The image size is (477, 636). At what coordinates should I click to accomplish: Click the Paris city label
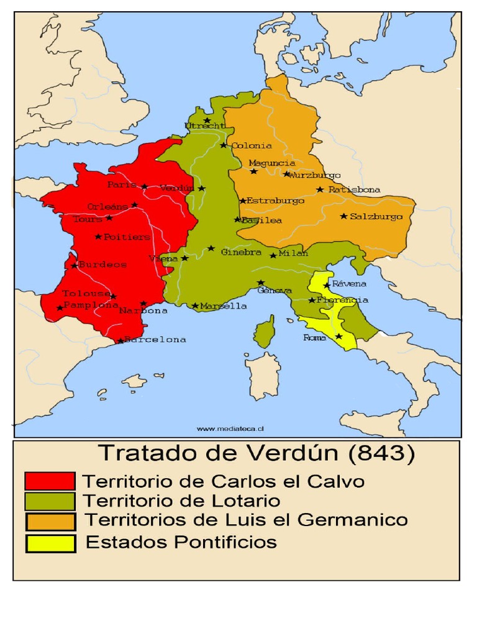[x=122, y=185]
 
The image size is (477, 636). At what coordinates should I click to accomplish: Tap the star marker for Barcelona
[x=120, y=340]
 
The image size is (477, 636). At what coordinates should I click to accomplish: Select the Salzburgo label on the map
[x=376, y=217]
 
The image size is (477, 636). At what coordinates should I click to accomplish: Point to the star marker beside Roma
[x=338, y=336]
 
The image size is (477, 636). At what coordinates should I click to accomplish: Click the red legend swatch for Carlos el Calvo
[x=50, y=481]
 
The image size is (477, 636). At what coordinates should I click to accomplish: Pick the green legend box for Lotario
[x=50, y=501]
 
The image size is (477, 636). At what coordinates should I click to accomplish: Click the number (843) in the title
[x=381, y=454]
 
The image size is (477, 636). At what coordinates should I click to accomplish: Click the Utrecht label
[x=204, y=126]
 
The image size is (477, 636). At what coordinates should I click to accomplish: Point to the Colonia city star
[x=224, y=145]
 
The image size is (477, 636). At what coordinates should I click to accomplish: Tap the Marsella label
[x=224, y=306]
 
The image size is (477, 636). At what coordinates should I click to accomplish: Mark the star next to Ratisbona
[x=320, y=189]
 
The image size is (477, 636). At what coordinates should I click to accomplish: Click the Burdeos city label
[x=103, y=265]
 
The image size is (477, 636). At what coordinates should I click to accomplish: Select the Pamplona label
[x=91, y=306]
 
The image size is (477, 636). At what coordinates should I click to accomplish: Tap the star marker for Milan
[x=273, y=255]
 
